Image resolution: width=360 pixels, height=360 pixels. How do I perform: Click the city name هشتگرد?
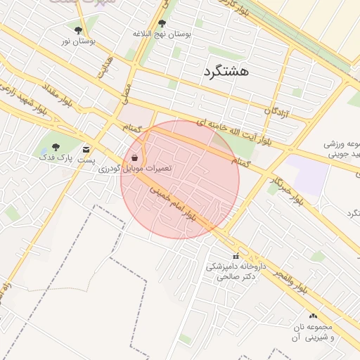click(226, 71)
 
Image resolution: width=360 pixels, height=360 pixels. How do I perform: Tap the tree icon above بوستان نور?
click(77, 30)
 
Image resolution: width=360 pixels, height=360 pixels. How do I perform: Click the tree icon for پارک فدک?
click(56, 147)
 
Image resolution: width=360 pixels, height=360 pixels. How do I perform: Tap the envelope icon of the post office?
click(86, 150)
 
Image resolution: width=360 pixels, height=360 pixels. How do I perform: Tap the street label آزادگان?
click(278, 110)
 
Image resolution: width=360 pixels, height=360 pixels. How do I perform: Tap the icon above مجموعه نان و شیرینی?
click(312, 316)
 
